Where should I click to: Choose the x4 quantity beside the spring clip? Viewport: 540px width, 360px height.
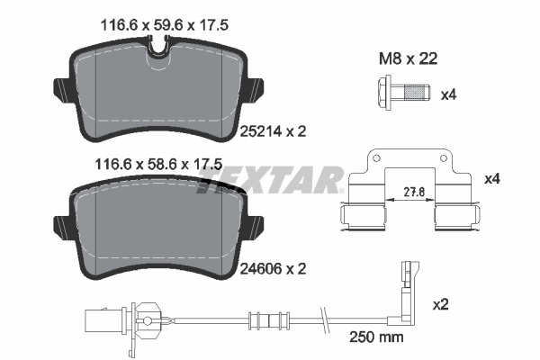click(x=491, y=179)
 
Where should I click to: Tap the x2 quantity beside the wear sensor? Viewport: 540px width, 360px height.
click(x=441, y=304)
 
